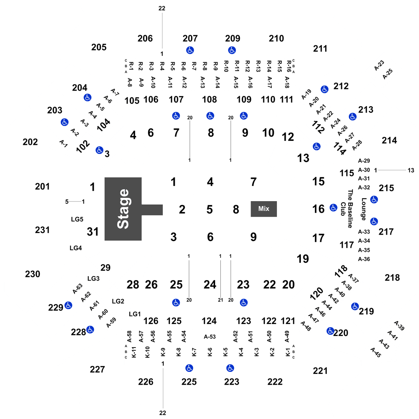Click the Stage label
click(x=123, y=209)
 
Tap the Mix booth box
click(x=264, y=209)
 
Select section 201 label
click(x=42, y=186)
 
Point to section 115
click(x=347, y=173)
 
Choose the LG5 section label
click(x=77, y=219)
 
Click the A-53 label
click(x=209, y=337)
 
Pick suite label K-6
click(x=210, y=352)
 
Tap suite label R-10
click(x=226, y=66)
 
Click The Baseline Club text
click(x=347, y=209)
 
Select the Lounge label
click(x=364, y=209)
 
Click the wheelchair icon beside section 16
click(x=333, y=208)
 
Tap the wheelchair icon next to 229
click(x=68, y=305)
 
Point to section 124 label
click(x=209, y=321)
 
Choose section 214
click(x=389, y=140)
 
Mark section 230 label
click(x=33, y=274)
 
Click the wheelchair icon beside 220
click(x=330, y=331)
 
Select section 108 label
click(x=209, y=99)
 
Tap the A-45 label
click(x=376, y=352)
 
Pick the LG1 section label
click(x=135, y=314)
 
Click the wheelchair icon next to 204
click(x=87, y=97)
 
